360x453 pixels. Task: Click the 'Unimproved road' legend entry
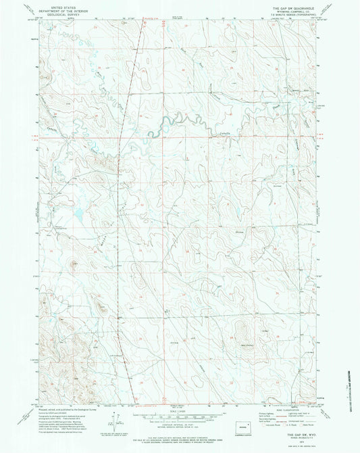click(x=301, y=421)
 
